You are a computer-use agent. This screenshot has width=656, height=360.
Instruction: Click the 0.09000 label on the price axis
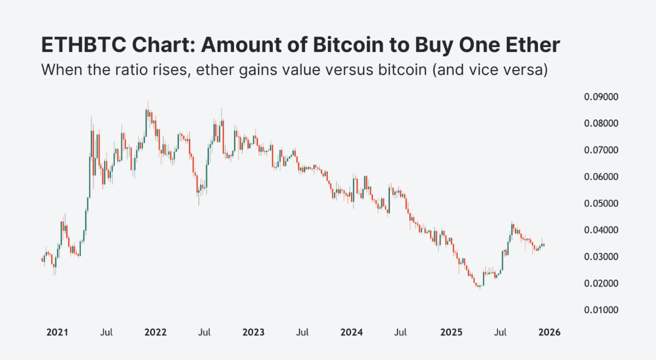click(x=601, y=97)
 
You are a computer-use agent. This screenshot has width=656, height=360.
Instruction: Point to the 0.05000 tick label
click(x=601, y=203)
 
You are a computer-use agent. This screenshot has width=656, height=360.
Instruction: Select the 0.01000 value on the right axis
click(x=601, y=310)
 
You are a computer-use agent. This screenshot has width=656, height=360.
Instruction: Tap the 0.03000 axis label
click(x=601, y=257)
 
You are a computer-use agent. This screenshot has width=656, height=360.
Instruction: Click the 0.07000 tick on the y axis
click(x=601, y=150)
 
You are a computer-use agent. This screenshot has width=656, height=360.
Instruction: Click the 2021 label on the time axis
click(x=57, y=332)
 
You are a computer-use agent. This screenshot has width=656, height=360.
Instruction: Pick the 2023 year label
click(x=253, y=332)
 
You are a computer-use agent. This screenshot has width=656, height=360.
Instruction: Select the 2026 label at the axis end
click(x=549, y=332)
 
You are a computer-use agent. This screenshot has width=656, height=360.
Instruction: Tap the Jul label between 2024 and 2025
click(x=400, y=332)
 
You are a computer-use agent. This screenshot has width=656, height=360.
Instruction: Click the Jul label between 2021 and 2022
click(x=106, y=332)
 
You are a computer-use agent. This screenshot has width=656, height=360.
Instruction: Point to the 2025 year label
click(x=451, y=332)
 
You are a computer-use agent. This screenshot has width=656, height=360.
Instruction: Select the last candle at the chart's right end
click(x=543, y=245)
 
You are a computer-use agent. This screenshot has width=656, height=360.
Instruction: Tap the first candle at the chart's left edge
click(x=42, y=260)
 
